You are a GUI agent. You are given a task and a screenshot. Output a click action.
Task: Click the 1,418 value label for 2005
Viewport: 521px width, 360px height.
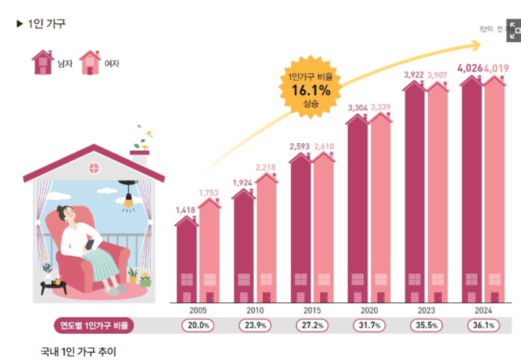click(185, 209)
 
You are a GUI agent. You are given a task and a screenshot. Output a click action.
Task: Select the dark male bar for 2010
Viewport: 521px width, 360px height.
click(243, 246)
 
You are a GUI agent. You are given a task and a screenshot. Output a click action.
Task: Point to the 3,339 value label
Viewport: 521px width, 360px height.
click(382, 106)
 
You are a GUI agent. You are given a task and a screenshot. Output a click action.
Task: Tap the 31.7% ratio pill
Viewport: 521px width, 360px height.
click(369, 325)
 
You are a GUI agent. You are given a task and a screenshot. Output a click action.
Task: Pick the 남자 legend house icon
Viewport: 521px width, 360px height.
click(42, 62)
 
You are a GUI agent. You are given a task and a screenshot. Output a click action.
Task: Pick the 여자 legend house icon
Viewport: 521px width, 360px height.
click(90, 62)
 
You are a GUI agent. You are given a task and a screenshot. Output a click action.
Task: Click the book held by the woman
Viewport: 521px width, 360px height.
click(90, 245)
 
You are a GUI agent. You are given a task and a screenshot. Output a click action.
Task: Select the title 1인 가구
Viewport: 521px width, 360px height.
click(46, 24)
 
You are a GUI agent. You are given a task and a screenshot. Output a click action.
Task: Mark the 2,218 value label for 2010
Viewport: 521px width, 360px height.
click(266, 167)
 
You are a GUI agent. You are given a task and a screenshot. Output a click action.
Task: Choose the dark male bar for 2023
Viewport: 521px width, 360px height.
click(415, 192)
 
